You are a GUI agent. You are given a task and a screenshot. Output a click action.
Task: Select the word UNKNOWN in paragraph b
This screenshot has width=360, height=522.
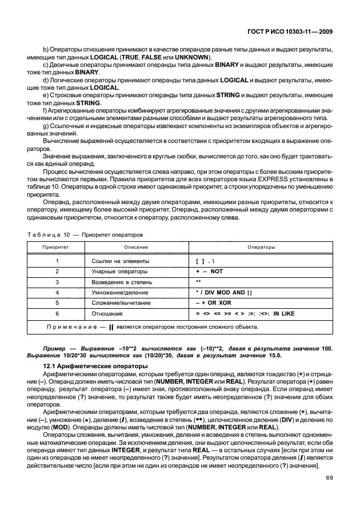pyautogui.click(x=192, y=58)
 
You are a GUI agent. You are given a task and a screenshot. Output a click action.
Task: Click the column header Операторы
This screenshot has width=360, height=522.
pyautogui.click(x=261, y=248)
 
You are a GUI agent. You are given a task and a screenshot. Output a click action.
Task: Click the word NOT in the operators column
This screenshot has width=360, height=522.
pyautogui.click(x=217, y=271)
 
